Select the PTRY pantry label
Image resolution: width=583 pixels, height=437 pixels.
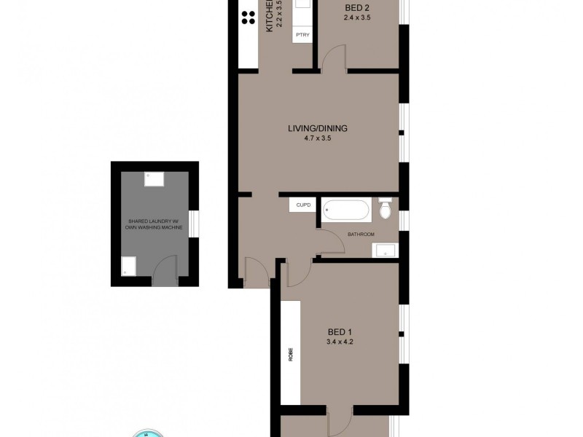pyautogui.click(x=302, y=34)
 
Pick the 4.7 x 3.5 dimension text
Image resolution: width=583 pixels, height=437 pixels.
pyautogui.click(x=318, y=138)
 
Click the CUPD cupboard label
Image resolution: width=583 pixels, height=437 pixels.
pyautogui.click(x=304, y=205)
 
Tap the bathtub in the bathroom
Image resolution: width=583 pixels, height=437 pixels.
pyautogui.click(x=346, y=210)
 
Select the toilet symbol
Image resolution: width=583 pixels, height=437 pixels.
pyautogui.click(x=386, y=210)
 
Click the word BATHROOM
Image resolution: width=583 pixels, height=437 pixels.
pyautogui.click(x=361, y=235)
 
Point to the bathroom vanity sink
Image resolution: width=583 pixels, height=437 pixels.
pyautogui.click(x=385, y=251)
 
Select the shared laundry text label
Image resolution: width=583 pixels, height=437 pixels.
pyautogui.click(x=154, y=224)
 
